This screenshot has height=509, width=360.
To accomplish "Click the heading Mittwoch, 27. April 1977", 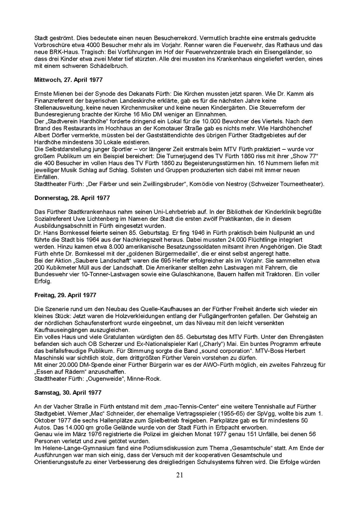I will (x=69, y=80).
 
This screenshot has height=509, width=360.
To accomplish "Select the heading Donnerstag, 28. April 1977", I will (x=72, y=198).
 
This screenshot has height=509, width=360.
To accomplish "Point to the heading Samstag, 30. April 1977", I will (x=68, y=392).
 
